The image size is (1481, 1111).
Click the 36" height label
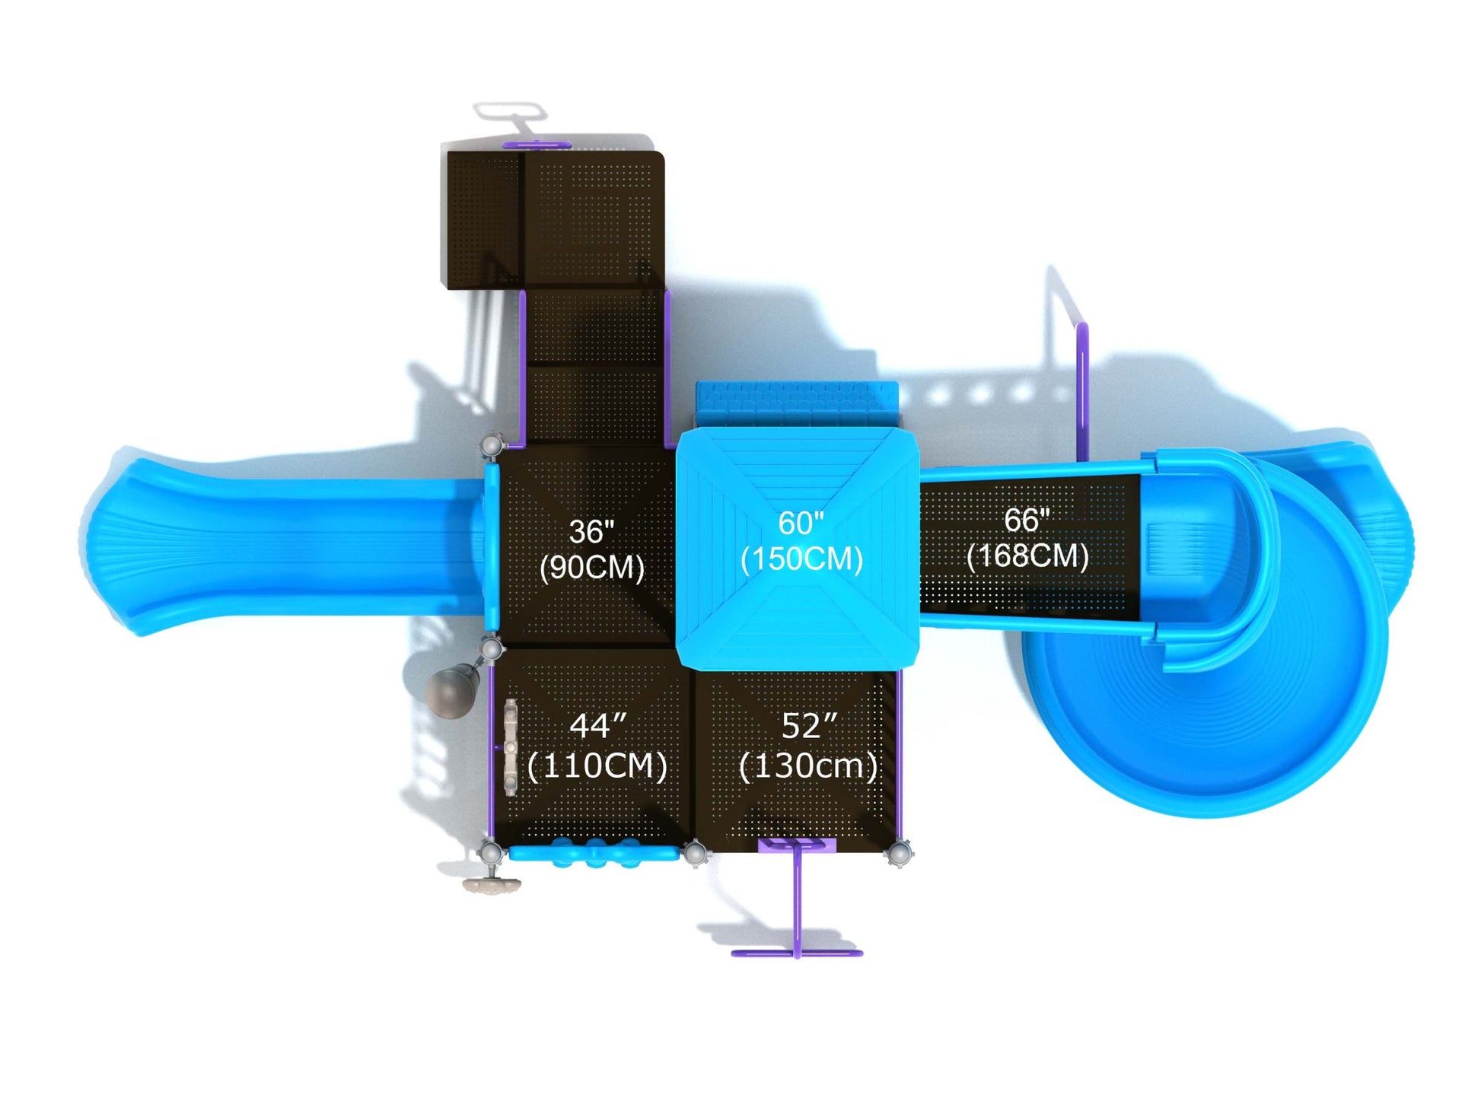pos(591,531)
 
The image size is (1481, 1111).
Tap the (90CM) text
pos(591,567)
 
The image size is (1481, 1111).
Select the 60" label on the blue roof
pos(801,523)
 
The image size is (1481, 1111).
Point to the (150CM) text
pos(801,559)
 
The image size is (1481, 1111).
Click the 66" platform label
pos(1027,520)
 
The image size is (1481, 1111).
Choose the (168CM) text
pos(1027,555)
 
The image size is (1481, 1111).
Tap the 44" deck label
pos(598,726)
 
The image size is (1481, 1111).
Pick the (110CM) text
pos(597,766)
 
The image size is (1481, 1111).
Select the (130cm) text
pos(808,766)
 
